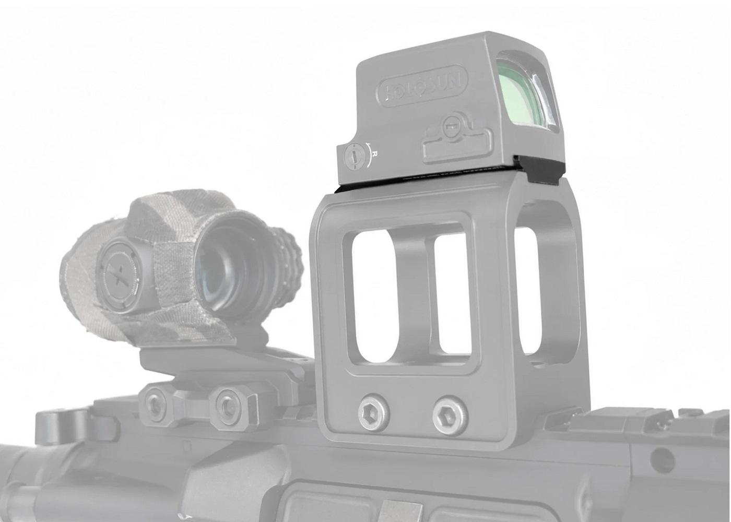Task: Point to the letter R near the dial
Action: (375, 155)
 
